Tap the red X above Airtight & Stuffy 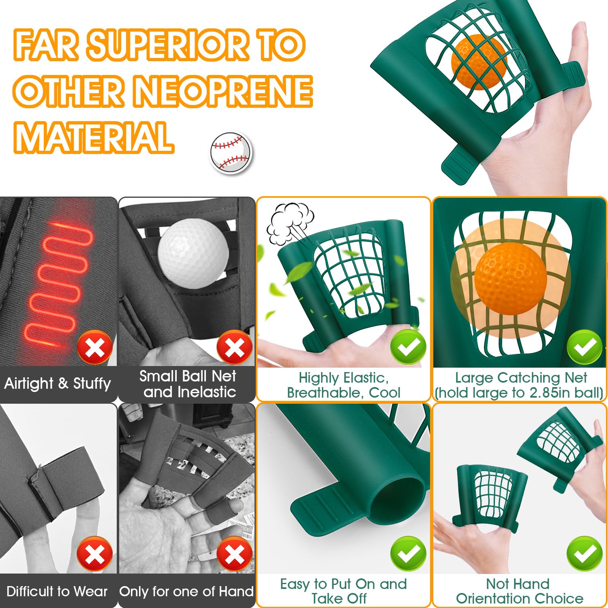pyautogui.click(x=95, y=347)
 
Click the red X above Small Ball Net pyautogui.click(x=235, y=347)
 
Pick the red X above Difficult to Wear pyautogui.click(x=95, y=554)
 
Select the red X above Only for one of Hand pyautogui.click(x=235, y=554)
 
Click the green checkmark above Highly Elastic pyautogui.click(x=408, y=347)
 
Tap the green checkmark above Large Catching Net pyautogui.click(x=584, y=347)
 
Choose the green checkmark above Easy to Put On pyautogui.click(x=408, y=554)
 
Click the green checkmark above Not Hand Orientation pyautogui.click(x=584, y=554)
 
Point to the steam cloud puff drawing pyautogui.click(x=289, y=224)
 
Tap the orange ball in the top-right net pyautogui.click(x=479, y=62)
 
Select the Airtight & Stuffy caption pyautogui.click(x=58, y=383)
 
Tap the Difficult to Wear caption pyautogui.click(x=57, y=591)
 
